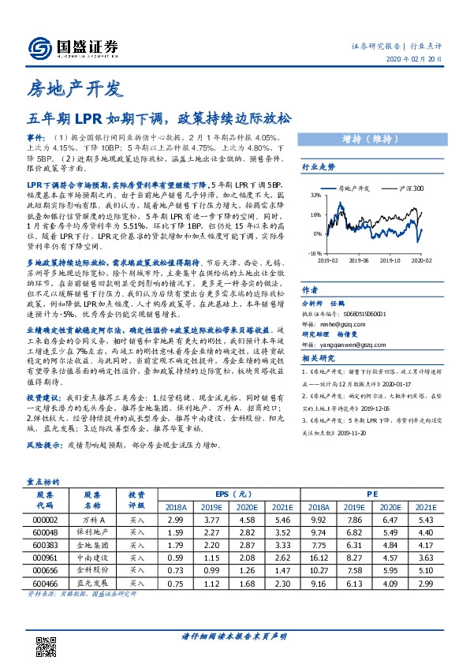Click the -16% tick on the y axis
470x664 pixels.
315,254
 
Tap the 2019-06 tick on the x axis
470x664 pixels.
357,259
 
